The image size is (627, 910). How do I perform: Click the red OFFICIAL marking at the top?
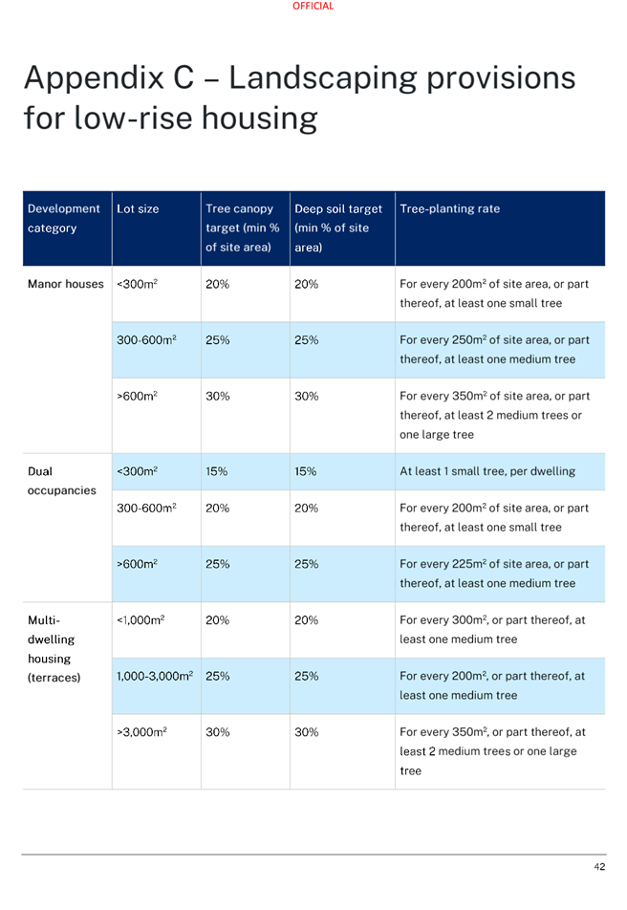[x=313, y=6]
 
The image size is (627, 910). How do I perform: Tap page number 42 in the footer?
[x=599, y=866]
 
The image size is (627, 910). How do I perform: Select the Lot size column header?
[x=138, y=209]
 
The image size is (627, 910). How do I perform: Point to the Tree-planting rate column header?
[x=450, y=209]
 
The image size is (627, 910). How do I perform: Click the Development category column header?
[x=64, y=218]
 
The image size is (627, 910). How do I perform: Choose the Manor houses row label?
[x=66, y=284]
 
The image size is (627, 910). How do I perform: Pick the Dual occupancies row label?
[x=61, y=481]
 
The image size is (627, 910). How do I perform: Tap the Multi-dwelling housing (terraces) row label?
[x=54, y=648]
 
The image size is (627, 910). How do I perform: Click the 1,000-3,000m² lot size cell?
[x=155, y=676]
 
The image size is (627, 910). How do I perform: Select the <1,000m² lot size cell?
[x=141, y=619]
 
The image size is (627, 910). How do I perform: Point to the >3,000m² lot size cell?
[x=141, y=732]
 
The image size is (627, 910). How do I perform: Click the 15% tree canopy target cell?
[x=217, y=471]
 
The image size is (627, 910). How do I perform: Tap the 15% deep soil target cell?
[x=305, y=471]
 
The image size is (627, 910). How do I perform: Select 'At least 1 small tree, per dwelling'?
[x=487, y=471]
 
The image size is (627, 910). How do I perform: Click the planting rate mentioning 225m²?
[x=494, y=574]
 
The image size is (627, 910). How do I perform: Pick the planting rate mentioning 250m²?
[x=494, y=350]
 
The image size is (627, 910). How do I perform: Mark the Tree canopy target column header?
[x=243, y=228]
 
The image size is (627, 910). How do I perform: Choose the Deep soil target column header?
[x=338, y=228]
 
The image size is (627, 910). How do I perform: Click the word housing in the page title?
[x=260, y=119]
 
